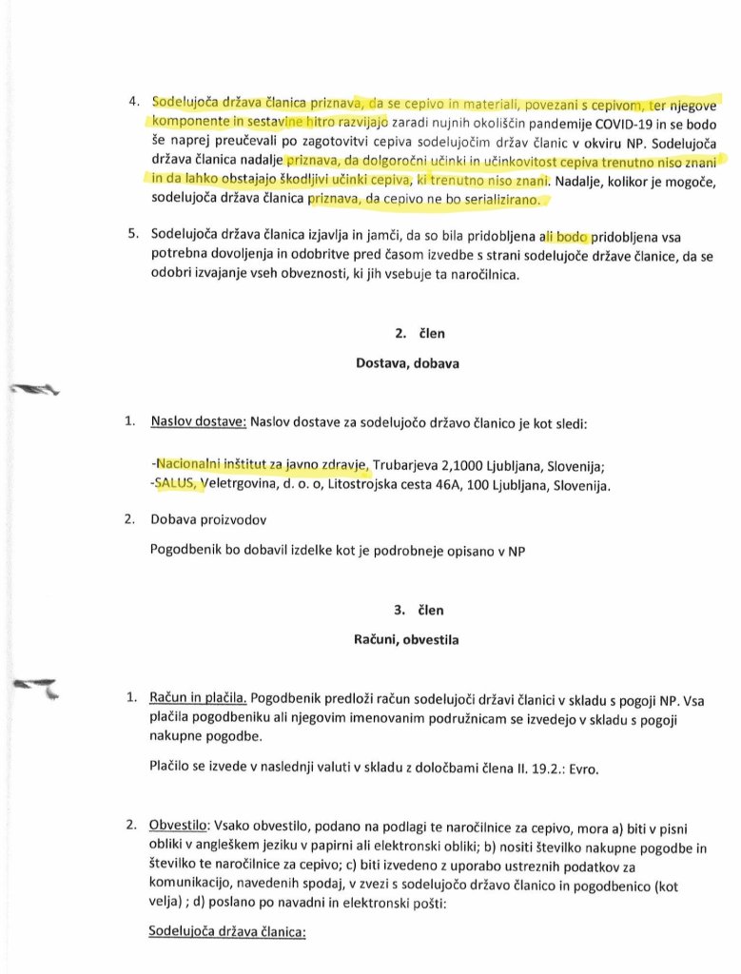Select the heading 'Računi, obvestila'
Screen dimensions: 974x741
(400, 640)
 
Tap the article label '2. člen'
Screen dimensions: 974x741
(400, 334)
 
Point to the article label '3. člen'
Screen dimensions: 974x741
(400, 610)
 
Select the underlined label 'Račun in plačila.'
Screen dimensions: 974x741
(198, 697)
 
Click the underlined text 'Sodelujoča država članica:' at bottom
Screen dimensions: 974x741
(226, 933)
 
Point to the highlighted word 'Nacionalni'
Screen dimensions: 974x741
(190, 464)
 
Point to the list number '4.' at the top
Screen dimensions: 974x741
(134, 101)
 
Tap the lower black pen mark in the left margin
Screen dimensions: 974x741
(35, 686)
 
